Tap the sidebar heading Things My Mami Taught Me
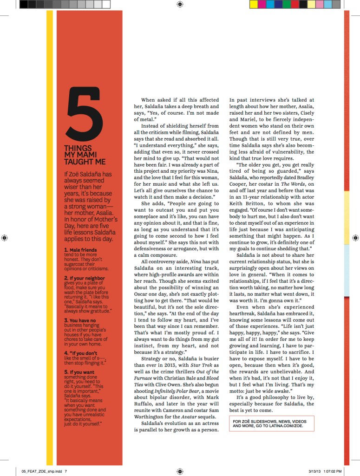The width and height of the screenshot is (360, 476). pos(85,155)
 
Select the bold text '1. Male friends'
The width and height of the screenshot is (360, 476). pos(81,250)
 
